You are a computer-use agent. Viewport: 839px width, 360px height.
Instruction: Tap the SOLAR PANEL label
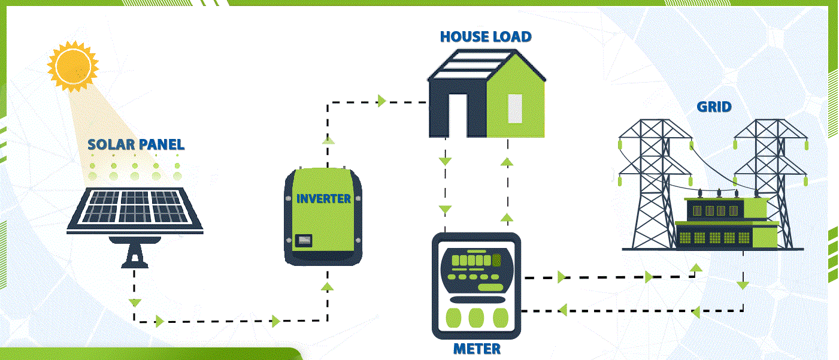[x=136, y=144]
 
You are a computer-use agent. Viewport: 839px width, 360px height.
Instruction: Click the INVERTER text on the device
[x=323, y=198]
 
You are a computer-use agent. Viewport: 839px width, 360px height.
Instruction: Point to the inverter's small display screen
[x=304, y=240]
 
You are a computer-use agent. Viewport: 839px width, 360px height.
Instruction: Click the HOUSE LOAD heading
[x=486, y=37]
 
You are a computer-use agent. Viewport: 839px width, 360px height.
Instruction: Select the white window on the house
[x=515, y=108]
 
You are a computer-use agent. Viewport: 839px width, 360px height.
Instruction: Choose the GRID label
[x=714, y=107]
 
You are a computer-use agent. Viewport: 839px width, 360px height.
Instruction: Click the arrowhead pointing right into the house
[x=381, y=101]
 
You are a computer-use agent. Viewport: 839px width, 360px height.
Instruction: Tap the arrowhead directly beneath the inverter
[x=327, y=286]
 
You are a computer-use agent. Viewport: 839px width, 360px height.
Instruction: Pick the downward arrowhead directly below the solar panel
[x=135, y=302]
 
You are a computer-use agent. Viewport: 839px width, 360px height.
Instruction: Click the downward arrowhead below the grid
[x=743, y=285]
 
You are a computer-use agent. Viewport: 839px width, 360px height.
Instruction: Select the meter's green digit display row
[x=473, y=260]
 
